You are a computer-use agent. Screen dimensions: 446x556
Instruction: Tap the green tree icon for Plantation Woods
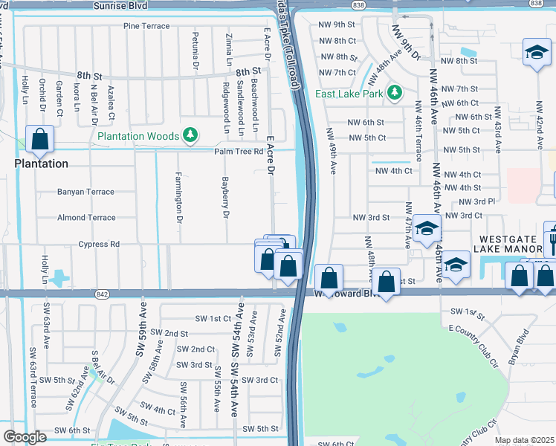click(x=192, y=135)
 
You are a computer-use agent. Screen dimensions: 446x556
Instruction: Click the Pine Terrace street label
click(x=147, y=26)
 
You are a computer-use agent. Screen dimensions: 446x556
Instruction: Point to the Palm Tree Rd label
click(x=239, y=152)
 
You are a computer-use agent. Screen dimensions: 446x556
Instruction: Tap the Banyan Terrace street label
click(x=86, y=192)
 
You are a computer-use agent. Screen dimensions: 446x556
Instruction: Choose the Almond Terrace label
click(x=86, y=218)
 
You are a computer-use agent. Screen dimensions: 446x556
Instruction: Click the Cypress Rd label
click(x=100, y=244)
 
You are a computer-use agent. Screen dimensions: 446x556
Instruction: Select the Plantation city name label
click(x=42, y=164)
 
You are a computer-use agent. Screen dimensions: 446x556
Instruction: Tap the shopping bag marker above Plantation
click(x=39, y=138)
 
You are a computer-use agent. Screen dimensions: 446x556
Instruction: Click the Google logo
click(x=25, y=437)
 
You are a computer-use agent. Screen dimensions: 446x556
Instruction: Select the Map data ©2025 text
click(x=524, y=440)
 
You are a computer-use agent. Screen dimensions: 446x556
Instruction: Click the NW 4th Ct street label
click(x=393, y=171)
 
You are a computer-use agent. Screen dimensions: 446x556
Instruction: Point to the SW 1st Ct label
click(x=213, y=318)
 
